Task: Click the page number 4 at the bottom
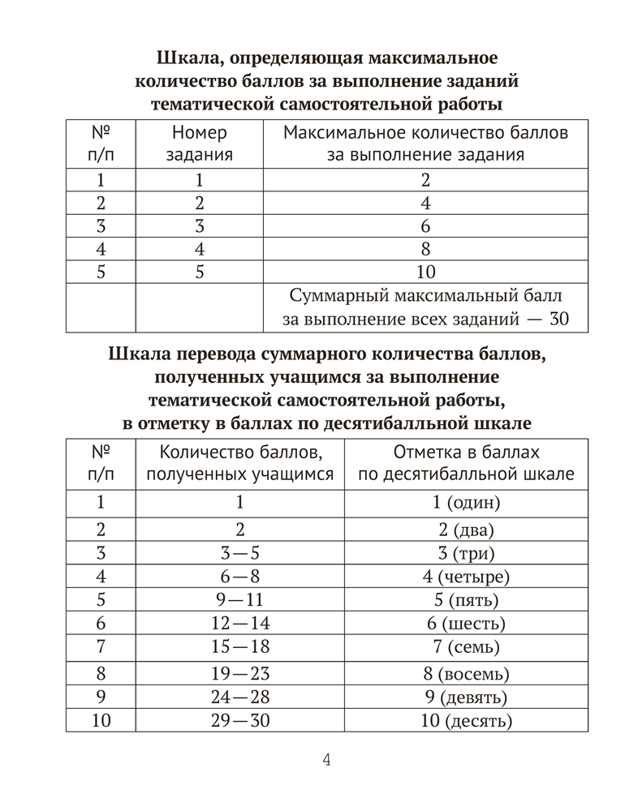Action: [x=326, y=760]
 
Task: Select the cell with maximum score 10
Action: [x=425, y=272]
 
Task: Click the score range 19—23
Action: [x=240, y=673]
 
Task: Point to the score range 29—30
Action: [x=240, y=721]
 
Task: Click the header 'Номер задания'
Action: [x=200, y=143]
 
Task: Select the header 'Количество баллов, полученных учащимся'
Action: [x=240, y=464]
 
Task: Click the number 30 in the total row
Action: [x=559, y=320]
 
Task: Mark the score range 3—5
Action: [x=240, y=555]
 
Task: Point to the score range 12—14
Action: [x=240, y=624]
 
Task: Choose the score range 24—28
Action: [x=240, y=697]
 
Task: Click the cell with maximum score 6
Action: [x=425, y=225]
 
